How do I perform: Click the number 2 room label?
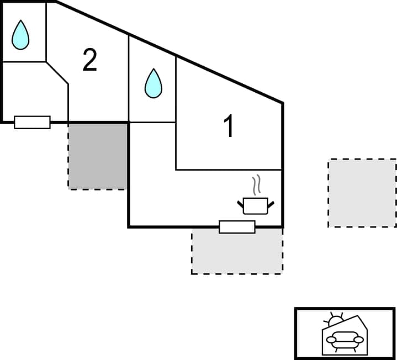[89, 60]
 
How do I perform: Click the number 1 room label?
[228, 126]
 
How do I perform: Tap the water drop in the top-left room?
[21, 36]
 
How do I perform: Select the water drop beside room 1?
[153, 84]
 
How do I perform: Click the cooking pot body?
[255, 206]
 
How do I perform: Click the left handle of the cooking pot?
[241, 204]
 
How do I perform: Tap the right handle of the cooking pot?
[271, 204]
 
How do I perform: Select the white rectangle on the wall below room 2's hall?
[32, 122]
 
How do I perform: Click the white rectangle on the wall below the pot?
[237, 226]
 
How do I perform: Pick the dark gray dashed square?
[98, 156]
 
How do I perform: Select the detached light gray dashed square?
[362, 193]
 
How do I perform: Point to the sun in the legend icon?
[334, 320]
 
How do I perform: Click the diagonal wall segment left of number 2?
[57, 73]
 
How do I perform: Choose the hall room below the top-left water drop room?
[33, 91]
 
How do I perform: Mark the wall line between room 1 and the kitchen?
[229, 170]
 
